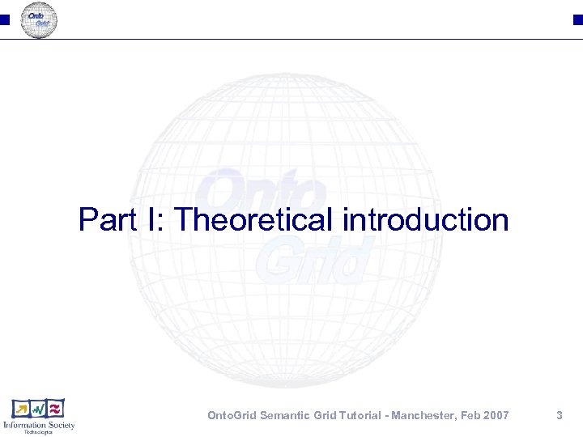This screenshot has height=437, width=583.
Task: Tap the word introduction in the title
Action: click(426, 219)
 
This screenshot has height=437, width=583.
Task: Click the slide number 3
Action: click(559, 415)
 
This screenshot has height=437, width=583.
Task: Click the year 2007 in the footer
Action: click(495, 415)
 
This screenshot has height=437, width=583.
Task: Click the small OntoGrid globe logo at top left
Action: click(39, 19)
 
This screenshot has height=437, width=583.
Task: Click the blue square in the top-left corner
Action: click(4, 19)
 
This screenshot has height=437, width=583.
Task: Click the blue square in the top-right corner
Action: click(578, 19)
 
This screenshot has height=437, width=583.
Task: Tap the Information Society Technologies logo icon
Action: click(38, 409)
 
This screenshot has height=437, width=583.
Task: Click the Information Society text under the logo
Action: click(39, 425)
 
